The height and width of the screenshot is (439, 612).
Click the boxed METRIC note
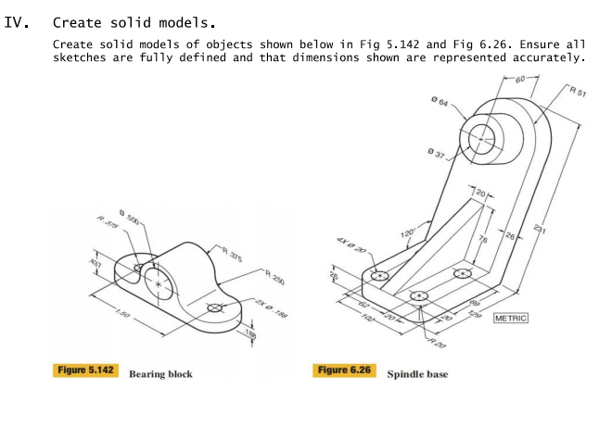point(511,318)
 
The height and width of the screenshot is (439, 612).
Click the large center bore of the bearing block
point(159,282)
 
